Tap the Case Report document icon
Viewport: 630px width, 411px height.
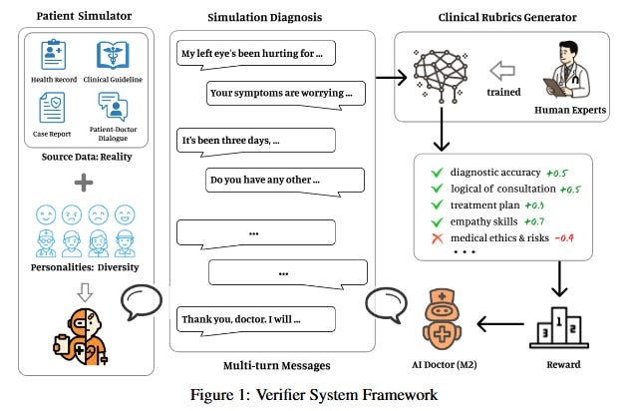click(52, 107)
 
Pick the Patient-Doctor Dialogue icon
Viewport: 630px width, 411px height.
click(112, 107)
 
